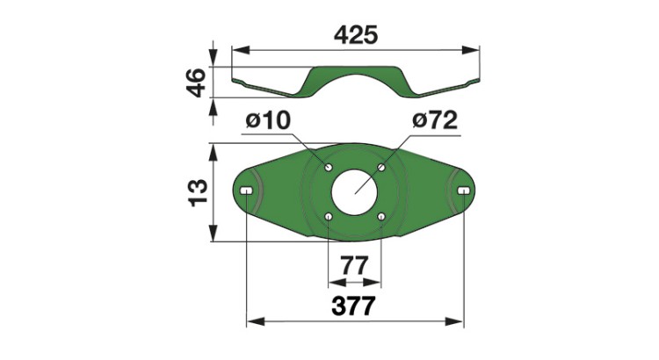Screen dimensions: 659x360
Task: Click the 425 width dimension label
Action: click(x=356, y=35)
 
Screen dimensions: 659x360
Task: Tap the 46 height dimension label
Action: click(x=197, y=83)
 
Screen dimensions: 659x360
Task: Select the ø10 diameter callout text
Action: click(x=268, y=120)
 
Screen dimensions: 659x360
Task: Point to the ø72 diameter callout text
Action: click(x=435, y=120)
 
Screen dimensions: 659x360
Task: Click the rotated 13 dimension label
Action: click(x=198, y=193)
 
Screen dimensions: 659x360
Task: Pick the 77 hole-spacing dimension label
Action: click(x=354, y=265)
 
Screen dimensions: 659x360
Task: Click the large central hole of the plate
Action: click(x=354, y=193)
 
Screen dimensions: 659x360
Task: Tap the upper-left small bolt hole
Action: click(x=329, y=167)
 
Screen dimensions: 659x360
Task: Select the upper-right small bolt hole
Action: click(x=381, y=168)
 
